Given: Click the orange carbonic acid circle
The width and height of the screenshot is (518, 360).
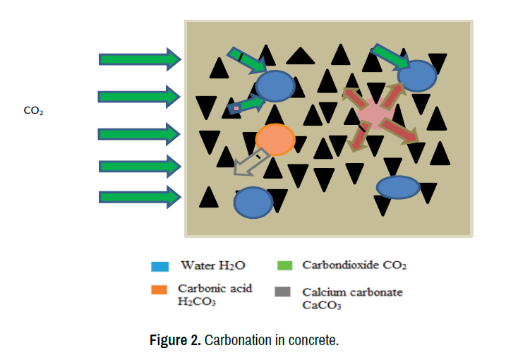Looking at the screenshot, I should click(275, 139).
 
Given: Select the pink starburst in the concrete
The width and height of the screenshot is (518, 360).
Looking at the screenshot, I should click(375, 112).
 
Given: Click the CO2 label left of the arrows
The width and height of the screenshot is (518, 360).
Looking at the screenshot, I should click(33, 111).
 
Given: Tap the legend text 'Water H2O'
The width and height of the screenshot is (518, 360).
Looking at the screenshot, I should click(212, 266).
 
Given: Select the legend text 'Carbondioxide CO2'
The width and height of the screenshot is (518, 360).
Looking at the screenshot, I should click(354, 266).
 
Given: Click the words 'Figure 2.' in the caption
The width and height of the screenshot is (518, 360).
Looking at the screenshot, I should click(175, 340).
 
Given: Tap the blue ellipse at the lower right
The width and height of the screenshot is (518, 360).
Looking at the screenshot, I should click(398, 187).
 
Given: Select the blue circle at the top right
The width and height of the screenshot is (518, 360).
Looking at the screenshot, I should click(418, 76).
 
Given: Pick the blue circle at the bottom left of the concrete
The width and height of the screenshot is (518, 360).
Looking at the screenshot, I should click(253, 203).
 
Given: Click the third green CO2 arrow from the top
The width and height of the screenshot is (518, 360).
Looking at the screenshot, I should click(140, 133).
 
